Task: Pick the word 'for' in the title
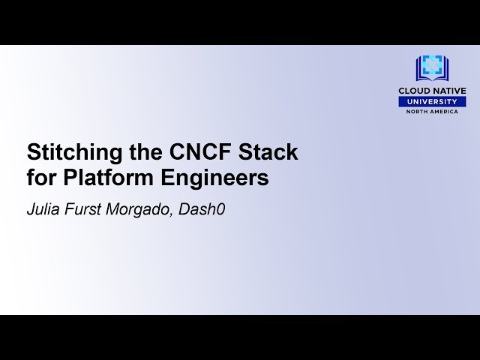click(x=41, y=178)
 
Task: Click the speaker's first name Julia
click(x=44, y=209)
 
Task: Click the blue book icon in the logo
click(x=432, y=68)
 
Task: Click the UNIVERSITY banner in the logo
click(x=432, y=102)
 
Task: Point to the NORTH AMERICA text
click(x=432, y=112)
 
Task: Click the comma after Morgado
click(x=175, y=214)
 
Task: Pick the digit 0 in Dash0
click(x=220, y=209)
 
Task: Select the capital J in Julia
click(x=31, y=209)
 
